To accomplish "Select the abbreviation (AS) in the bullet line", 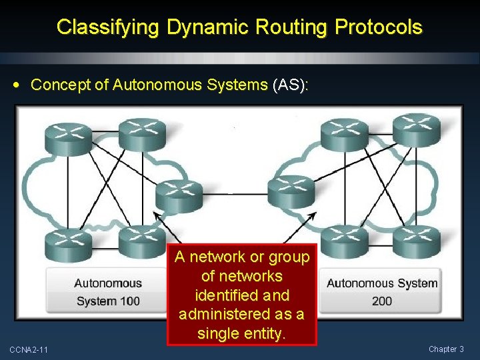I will click(x=290, y=85).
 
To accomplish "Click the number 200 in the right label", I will click(x=382, y=301).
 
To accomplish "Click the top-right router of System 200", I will click(x=416, y=128).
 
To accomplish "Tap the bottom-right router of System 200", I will click(x=417, y=241).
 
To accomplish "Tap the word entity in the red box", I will click(x=263, y=333).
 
